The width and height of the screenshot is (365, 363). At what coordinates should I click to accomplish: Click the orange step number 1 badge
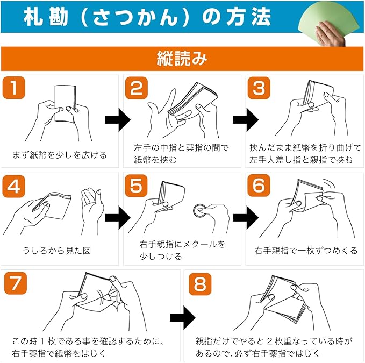(x=14, y=88)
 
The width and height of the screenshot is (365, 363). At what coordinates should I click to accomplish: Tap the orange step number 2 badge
(x=137, y=88)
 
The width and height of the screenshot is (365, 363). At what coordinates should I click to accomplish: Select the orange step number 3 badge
(x=259, y=88)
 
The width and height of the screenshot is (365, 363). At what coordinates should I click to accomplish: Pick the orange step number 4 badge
(x=14, y=186)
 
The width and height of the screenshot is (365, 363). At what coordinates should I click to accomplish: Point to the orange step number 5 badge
(x=136, y=186)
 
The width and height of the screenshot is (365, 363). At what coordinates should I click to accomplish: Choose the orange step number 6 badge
(x=259, y=186)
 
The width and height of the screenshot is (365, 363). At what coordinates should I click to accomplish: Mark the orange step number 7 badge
(x=16, y=283)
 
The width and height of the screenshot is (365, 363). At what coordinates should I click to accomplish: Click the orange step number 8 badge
(x=200, y=284)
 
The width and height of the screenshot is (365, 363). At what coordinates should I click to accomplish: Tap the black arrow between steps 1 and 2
(x=118, y=120)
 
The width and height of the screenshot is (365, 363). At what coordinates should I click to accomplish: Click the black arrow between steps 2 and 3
(x=246, y=120)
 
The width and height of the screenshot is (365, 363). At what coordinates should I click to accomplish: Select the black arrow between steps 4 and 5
(x=118, y=218)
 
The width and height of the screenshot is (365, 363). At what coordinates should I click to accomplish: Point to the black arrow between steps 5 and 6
(x=246, y=218)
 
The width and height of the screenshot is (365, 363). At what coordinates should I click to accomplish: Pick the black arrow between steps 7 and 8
(x=183, y=318)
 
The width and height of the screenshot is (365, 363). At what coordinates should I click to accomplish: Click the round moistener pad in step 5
(x=200, y=211)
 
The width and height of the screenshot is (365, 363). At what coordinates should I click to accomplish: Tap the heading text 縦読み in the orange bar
(x=182, y=59)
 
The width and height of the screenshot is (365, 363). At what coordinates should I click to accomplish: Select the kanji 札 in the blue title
(x=33, y=17)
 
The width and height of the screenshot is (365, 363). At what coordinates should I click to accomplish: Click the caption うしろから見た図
(x=56, y=251)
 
